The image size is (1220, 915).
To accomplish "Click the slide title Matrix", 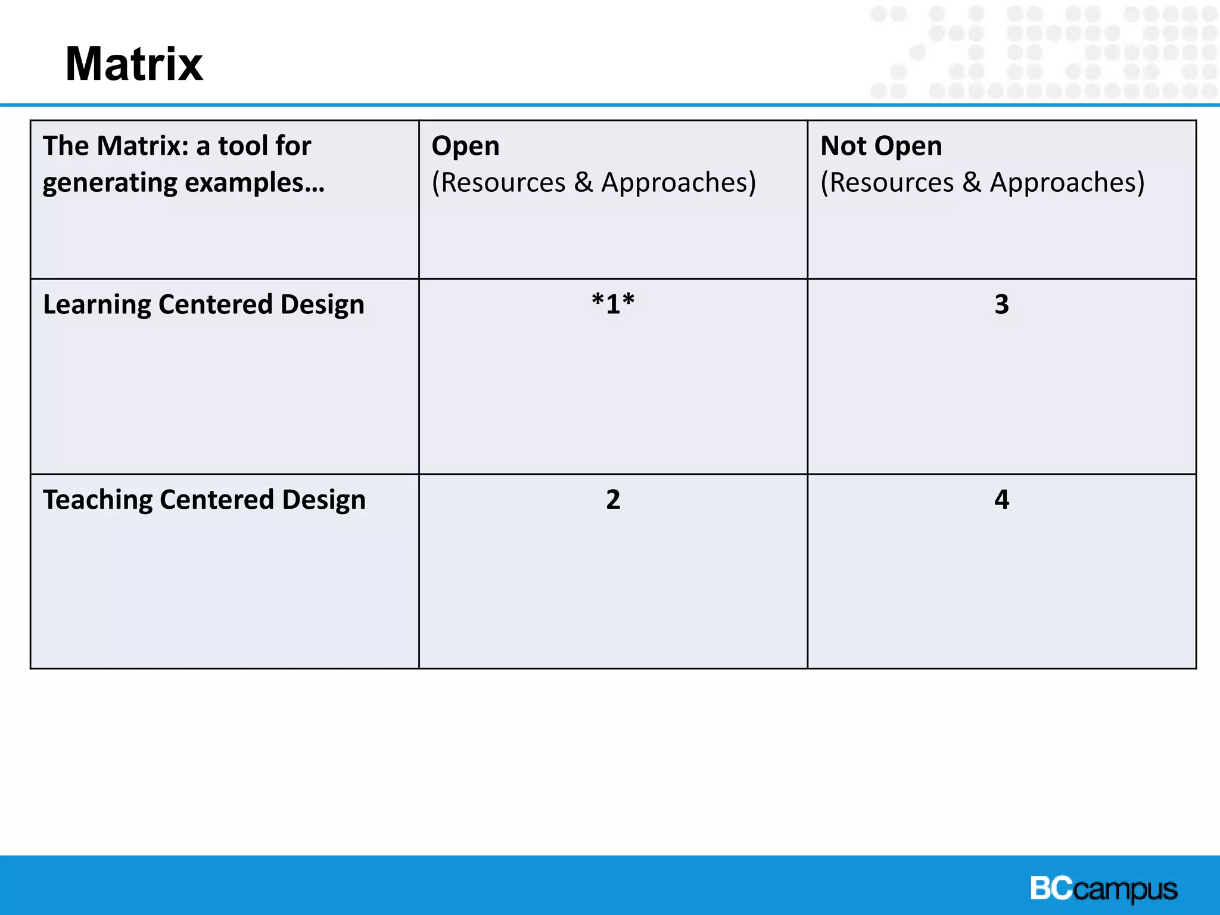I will (x=134, y=64).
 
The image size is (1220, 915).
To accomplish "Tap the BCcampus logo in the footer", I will (x=1103, y=889).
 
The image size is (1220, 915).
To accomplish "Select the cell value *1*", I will (x=613, y=304).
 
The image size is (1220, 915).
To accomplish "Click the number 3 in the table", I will (x=1001, y=304).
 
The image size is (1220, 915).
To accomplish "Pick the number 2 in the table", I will (x=613, y=499).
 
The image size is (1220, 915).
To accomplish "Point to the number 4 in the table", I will (x=1001, y=499).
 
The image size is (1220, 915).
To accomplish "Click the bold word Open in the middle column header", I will (x=465, y=147).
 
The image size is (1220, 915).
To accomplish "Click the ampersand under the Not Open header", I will (x=972, y=182).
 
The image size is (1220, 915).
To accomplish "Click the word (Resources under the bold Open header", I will (x=499, y=182).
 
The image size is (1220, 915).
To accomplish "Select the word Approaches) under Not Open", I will (x=1067, y=182).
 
